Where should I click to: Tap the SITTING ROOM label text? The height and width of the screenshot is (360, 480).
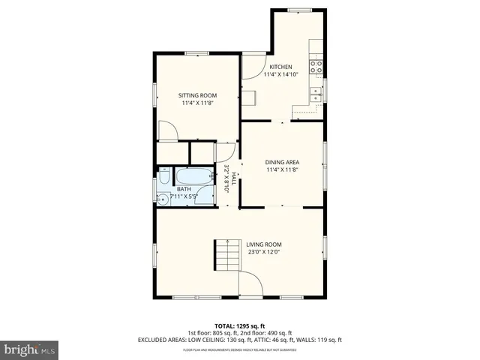coord(197,95)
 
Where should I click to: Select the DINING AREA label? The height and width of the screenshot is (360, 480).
coord(283,162)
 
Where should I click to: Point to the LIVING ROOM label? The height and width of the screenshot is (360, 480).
coord(263,244)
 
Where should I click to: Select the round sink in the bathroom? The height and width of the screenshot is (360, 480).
coord(163,199)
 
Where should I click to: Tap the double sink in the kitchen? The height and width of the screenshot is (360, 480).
coord(317,94)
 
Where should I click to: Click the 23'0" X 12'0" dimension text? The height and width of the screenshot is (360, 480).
coord(264,253)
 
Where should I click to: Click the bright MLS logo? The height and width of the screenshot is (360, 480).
coord(30,350)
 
